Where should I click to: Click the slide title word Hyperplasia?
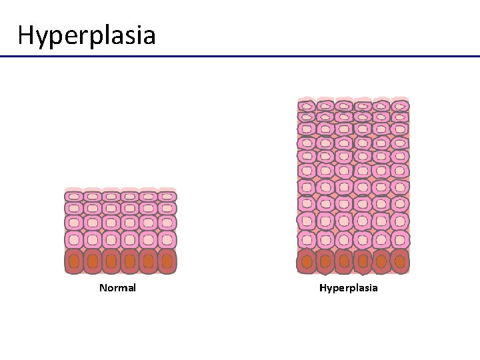tap(87, 35)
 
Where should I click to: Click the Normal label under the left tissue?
tap(117, 288)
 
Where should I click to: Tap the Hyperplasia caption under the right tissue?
tap(348, 288)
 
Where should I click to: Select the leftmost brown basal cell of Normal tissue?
tap(73, 261)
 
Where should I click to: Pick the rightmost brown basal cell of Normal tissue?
tap(167, 261)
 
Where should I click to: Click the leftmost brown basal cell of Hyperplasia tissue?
tap(307, 261)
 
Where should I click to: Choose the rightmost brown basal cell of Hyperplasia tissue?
tap(400, 261)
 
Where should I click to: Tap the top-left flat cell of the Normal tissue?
tap(73, 197)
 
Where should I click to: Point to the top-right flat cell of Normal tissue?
tap(167, 197)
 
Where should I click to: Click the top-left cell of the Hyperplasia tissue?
tap(307, 105)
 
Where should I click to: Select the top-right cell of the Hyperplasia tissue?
tap(400, 105)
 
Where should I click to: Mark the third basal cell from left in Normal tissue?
tap(111, 261)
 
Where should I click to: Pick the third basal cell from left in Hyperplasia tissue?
tap(344, 261)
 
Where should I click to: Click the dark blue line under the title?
tap(240, 57)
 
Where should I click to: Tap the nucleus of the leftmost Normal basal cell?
tap(73, 261)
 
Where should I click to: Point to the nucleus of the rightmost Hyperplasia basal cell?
tap(400, 261)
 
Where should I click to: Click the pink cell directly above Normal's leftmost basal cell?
tap(73, 239)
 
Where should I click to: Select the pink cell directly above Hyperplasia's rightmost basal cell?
tap(400, 239)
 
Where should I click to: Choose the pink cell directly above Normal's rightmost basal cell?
tap(167, 239)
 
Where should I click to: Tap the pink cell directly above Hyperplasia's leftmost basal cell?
tap(307, 239)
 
